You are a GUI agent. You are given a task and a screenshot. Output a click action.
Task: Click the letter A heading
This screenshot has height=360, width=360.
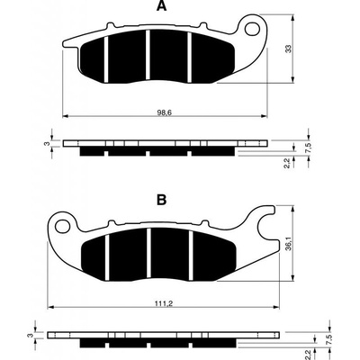pos(161,6)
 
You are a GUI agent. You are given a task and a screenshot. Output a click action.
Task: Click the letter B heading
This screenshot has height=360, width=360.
pos(161,200)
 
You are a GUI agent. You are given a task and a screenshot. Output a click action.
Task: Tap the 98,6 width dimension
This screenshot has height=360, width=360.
pos(164,112)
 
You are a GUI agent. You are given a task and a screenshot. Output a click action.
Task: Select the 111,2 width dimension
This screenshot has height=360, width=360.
pos(164,303)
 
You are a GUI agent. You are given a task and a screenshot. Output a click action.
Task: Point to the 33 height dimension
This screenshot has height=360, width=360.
pos(288,49)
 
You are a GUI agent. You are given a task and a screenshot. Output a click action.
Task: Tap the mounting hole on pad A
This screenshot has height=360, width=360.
pos(252,29)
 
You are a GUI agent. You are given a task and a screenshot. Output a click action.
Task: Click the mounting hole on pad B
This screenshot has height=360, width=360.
pos(62,226)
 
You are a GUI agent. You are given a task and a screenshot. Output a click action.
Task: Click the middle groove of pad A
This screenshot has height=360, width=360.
pos(148,55)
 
